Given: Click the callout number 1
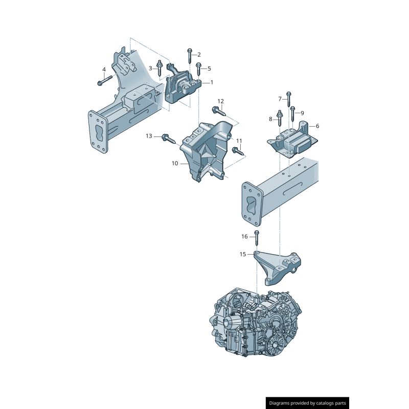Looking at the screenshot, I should (x=212, y=82).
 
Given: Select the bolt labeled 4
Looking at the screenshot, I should (x=104, y=79).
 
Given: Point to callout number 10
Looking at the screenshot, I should (x=174, y=164).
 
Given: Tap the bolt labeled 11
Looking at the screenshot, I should (x=238, y=150).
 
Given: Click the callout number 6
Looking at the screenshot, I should (x=317, y=126).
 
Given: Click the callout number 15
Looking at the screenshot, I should (x=243, y=254).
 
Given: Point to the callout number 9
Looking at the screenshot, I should (x=302, y=113).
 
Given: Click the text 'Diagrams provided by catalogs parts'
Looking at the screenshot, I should (x=308, y=403).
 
